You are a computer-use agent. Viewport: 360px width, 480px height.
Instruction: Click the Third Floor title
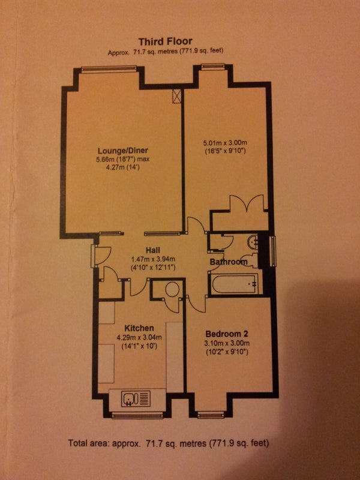click(x=166, y=41)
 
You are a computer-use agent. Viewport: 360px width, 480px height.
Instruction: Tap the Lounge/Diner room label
click(x=123, y=151)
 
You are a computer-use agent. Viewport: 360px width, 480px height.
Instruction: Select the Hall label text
click(x=153, y=250)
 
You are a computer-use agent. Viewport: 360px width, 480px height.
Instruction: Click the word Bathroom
click(x=229, y=262)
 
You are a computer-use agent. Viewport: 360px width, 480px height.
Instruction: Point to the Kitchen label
click(x=139, y=328)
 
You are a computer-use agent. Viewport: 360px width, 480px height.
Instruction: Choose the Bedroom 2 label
click(x=227, y=334)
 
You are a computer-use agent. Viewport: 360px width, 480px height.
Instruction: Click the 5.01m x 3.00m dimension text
click(x=225, y=143)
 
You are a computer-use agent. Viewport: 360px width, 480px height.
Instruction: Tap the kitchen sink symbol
click(x=136, y=398)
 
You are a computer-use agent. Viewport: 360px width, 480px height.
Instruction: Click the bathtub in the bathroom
click(x=233, y=283)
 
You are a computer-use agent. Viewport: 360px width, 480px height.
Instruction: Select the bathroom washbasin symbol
click(x=253, y=242)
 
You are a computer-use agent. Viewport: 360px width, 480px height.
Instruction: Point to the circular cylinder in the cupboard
click(x=172, y=289)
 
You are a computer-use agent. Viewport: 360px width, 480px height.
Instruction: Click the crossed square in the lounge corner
click(x=176, y=96)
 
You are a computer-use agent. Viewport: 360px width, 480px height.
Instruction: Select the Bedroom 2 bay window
click(x=211, y=415)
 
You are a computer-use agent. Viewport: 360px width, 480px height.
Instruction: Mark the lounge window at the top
click(x=109, y=69)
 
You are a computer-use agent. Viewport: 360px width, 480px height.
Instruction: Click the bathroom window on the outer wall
click(x=273, y=251)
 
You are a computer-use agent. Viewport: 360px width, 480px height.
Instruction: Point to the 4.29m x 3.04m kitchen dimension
click(x=139, y=338)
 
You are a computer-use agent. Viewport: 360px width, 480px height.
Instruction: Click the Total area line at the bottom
click(x=169, y=443)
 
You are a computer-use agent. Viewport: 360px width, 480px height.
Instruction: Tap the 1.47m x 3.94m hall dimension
click(x=153, y=259)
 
